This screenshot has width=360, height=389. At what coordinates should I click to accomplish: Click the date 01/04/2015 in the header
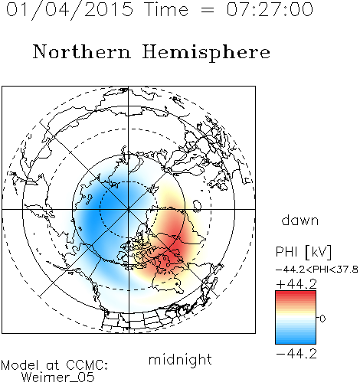pos(70,9)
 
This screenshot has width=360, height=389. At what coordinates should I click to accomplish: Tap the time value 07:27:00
pos(270,9)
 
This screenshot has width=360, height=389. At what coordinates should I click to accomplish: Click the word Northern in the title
pos(82,52)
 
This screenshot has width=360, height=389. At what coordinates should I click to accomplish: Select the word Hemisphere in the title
pos(206,53)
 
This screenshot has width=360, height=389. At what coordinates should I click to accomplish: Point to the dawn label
pos(300,221)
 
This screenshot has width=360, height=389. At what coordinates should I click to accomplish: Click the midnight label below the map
pos(180,359)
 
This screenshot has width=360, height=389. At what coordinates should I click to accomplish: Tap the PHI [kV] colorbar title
pos(303,252)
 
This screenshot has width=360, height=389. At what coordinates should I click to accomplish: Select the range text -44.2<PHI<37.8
pos(317,270)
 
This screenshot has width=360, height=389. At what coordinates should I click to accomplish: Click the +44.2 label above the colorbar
pos(296,284)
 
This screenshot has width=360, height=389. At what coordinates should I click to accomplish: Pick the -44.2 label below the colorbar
pos(296,354)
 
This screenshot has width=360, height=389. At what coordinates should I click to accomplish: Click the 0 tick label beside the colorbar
pos(322,319)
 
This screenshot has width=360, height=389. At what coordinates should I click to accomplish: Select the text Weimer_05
pos(58,378)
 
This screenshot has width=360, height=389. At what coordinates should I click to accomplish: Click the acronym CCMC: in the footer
pos(87,365)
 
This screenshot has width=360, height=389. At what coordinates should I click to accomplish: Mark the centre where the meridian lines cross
pos(129,209)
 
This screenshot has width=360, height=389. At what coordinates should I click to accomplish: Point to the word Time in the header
pos(166,9)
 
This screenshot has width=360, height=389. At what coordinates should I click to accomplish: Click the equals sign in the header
pos(208,10)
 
